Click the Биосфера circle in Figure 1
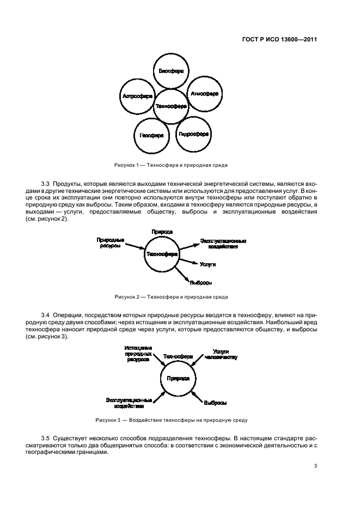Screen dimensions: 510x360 click(x=170, y=71)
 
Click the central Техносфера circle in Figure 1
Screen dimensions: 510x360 click(x=171, y=106)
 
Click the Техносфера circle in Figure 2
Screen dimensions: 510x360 click(x=162, y=254)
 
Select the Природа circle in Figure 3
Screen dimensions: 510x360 click(x=178, y=378)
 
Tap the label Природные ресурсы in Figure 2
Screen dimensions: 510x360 click(x=111, y=242)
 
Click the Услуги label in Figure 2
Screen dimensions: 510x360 click(x=208, y=264)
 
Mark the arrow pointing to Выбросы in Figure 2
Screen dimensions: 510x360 click(x=182, y=274)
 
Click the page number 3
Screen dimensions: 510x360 click(x=316, y=465)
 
